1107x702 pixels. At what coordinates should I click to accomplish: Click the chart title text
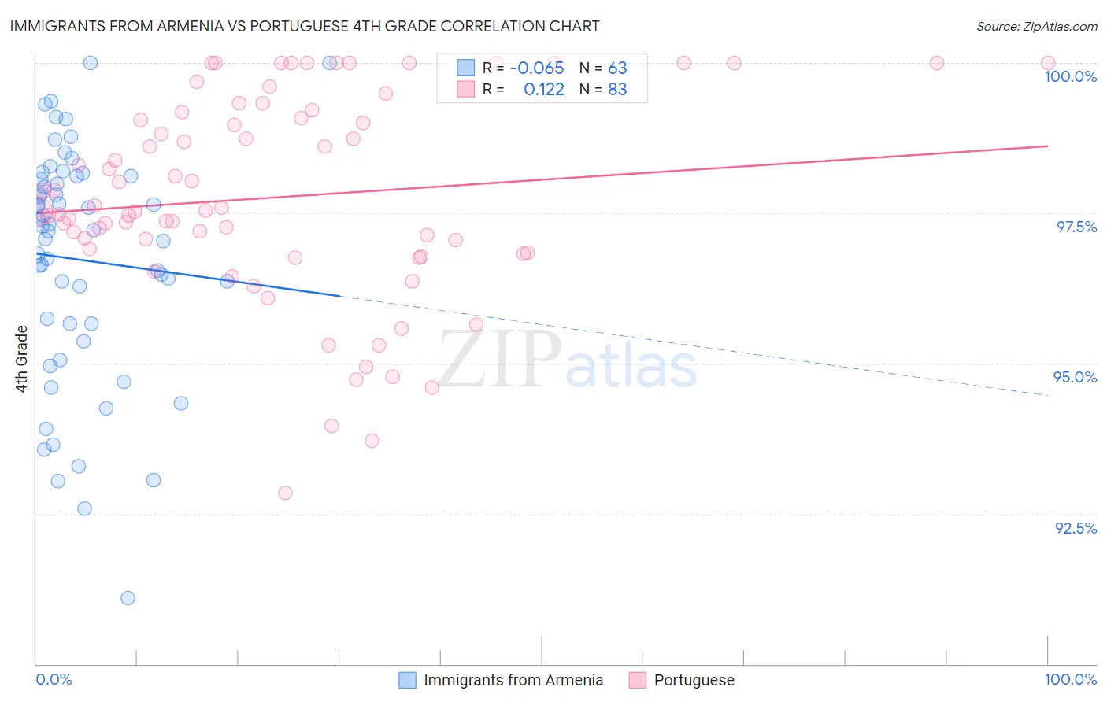point(304,26)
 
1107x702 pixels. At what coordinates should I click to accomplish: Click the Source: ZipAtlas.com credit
point(1036,26)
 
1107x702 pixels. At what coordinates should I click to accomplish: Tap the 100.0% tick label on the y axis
point(1070,76)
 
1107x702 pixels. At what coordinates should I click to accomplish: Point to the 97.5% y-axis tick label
point(1076,227)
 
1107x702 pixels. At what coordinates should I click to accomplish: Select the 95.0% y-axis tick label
point(1075,377)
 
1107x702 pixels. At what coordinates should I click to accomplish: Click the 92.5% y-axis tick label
point(1076,528)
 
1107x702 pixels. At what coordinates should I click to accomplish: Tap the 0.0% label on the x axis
point(54,679)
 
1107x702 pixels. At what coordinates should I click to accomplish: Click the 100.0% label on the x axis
point(1070,679)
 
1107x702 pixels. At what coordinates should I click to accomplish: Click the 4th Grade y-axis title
point(22,359)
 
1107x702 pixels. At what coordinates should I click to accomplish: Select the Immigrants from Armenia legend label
point(513,680)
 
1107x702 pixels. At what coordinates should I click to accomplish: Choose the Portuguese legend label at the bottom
point(694,680)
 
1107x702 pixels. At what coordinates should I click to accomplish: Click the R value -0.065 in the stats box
point(537,68)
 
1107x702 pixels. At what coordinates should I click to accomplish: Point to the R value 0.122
point(544,89)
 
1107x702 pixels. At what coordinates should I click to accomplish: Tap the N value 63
point(617,68)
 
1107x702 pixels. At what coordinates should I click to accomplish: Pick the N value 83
point(617,89)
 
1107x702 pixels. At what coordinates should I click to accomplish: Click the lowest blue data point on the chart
point(128,598)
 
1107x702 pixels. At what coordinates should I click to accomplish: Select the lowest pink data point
point(285,493)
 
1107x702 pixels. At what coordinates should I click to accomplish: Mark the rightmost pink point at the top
point(1048,63)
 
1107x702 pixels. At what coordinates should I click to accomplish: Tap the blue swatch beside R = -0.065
point(466,68)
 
